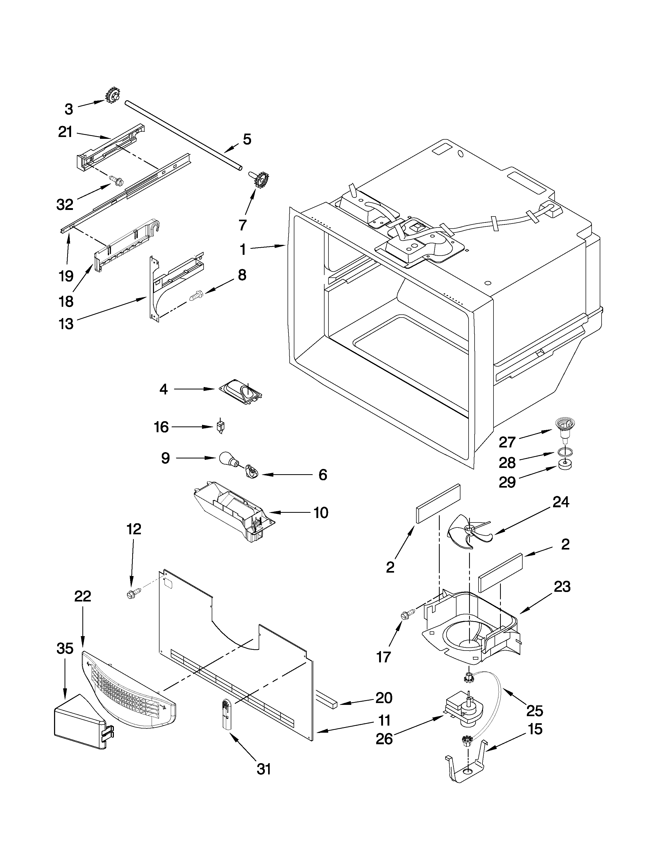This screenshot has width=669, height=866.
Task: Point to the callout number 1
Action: [x=243, y=250]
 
